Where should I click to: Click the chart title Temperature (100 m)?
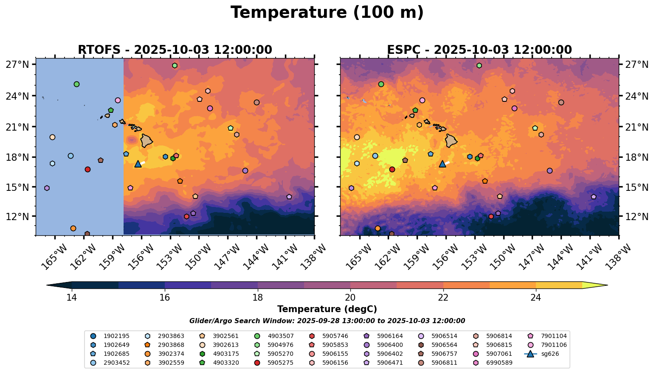point(327,13)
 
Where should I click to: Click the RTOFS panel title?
point(175,50)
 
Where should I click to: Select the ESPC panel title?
point(479,50)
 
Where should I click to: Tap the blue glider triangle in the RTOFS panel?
point(138,164)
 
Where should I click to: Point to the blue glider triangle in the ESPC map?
point(443,164)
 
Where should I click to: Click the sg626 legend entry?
point(542,354)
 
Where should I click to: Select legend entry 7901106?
point(547,345)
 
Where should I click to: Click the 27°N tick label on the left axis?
point(17,64)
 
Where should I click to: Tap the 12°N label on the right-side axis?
point(637,216)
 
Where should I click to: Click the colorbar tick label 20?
point(350,297)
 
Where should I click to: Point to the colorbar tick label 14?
point(72,297)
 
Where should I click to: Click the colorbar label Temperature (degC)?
point(327,309)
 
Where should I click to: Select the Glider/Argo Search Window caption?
point(327,321)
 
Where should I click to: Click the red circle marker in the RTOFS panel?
point(87,169)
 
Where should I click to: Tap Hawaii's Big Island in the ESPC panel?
point(451,141)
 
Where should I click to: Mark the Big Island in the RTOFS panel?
point(147,141)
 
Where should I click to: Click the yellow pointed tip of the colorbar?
point(607,285)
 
